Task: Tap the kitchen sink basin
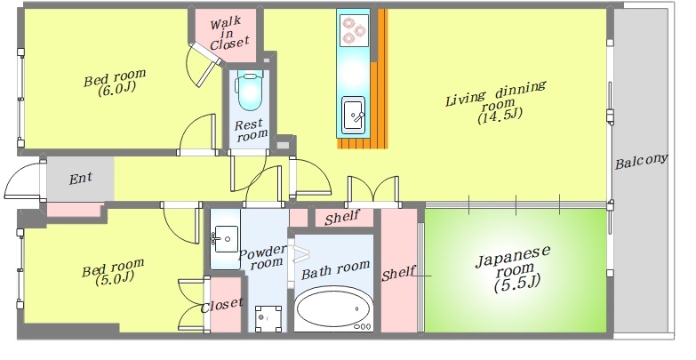coord(353,115)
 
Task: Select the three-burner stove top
coord(354,30)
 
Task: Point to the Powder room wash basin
coord(225,239)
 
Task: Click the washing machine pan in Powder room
coord(269,318)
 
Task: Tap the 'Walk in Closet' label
coord(228,33)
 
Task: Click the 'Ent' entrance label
coord(81,179)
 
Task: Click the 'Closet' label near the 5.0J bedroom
coord(222,306)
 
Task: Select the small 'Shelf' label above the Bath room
coord(341,218)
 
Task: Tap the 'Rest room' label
coord(251,130)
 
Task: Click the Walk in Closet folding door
coord(204,64)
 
